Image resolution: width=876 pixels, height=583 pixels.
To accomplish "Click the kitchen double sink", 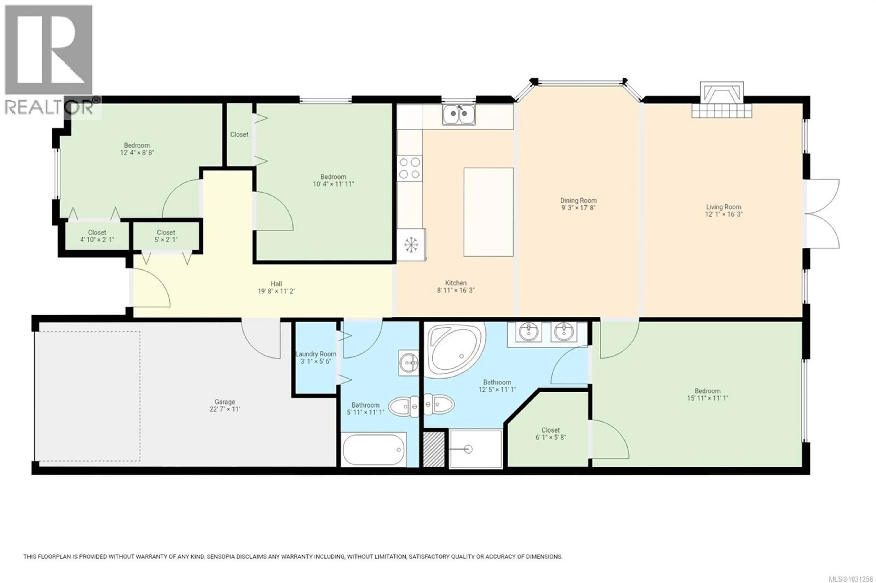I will pos(459,114).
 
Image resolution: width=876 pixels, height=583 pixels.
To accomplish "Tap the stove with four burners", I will pos(409,168).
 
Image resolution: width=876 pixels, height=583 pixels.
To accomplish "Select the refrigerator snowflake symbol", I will pos(410,245).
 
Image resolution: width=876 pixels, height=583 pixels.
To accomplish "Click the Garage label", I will pos(225,402).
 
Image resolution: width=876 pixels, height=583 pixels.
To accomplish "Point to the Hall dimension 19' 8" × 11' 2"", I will pos(276,291).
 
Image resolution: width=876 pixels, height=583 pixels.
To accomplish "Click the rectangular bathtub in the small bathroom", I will pos(373,449).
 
